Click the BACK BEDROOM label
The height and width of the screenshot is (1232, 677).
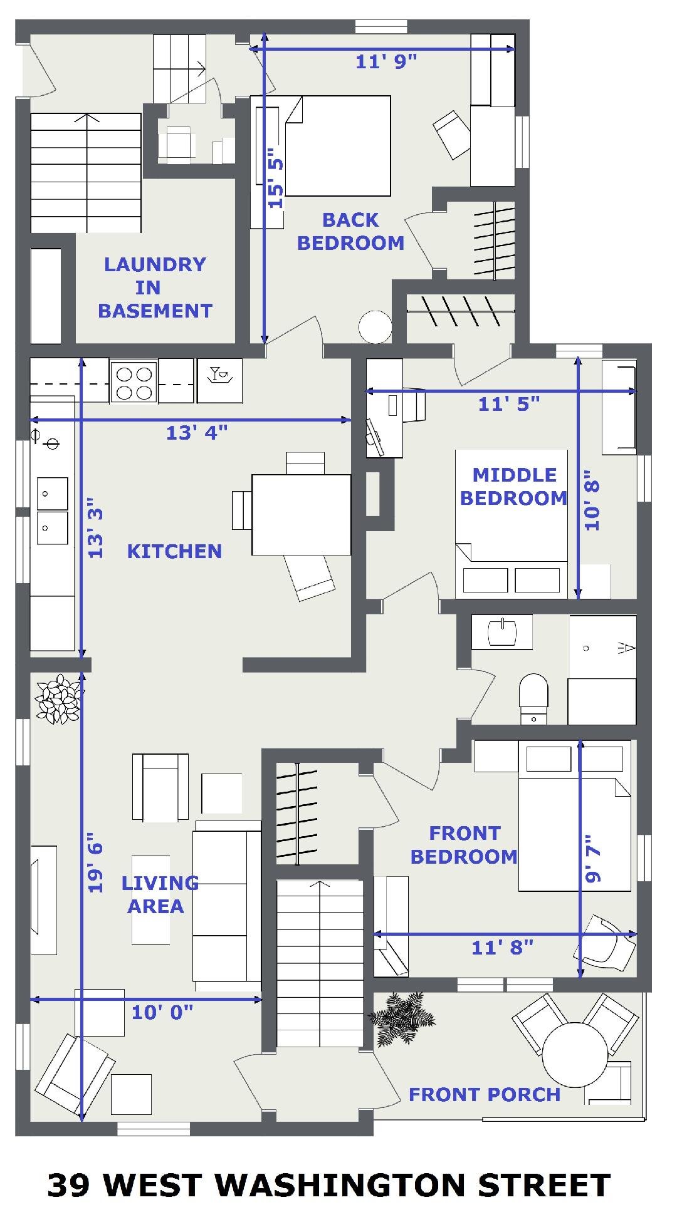pyautogui.click(x=350, y=232)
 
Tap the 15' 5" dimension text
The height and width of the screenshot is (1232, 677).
pyautogui.click(x=276, y=178)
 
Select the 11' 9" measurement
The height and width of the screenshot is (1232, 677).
pyautogui.click(x=386, y=61)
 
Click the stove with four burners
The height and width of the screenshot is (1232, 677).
pyautogui.click(x=134, y=382)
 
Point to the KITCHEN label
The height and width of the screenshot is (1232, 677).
pyautogui.click(x=174, y=551)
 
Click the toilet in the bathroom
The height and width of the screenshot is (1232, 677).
pyautogui.click(x=533, y=699)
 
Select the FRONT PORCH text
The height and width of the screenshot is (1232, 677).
pyautogui.click(x=485, y=1094)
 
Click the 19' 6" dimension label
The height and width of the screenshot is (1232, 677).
pyautogui.click(x=95, y=862)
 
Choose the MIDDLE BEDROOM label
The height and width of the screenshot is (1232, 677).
pyautogui.click(x=513, y=486)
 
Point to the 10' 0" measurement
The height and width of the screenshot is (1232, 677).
pyautogui.click(x=162, y=1012)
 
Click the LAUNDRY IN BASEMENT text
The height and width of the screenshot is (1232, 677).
pyautogui.click(x=155, y=287)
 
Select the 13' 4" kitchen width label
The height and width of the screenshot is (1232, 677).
pyautogui.click(x=196, y=432)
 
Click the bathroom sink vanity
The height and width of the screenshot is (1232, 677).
pyautogui.click(x=502, y=631)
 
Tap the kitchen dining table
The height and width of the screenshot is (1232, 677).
pyautogui.click(x=301, y=515)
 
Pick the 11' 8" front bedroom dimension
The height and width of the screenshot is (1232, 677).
pyautogui.click(x=502, y=947)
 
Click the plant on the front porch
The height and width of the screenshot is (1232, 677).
pyautogui.click(x=402, y=1018)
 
